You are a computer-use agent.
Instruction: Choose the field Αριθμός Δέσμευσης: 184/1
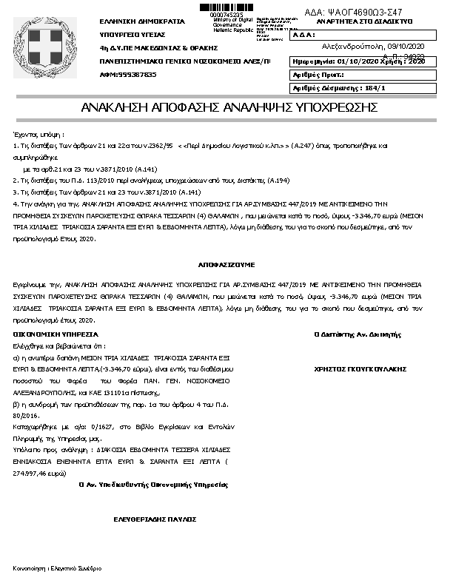[x=340, y=88]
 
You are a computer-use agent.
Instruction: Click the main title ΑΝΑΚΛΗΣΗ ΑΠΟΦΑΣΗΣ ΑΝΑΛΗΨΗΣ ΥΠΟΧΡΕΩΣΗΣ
[x=225, y=107]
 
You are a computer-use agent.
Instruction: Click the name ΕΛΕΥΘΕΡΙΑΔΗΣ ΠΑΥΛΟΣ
[x=154, y=519]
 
